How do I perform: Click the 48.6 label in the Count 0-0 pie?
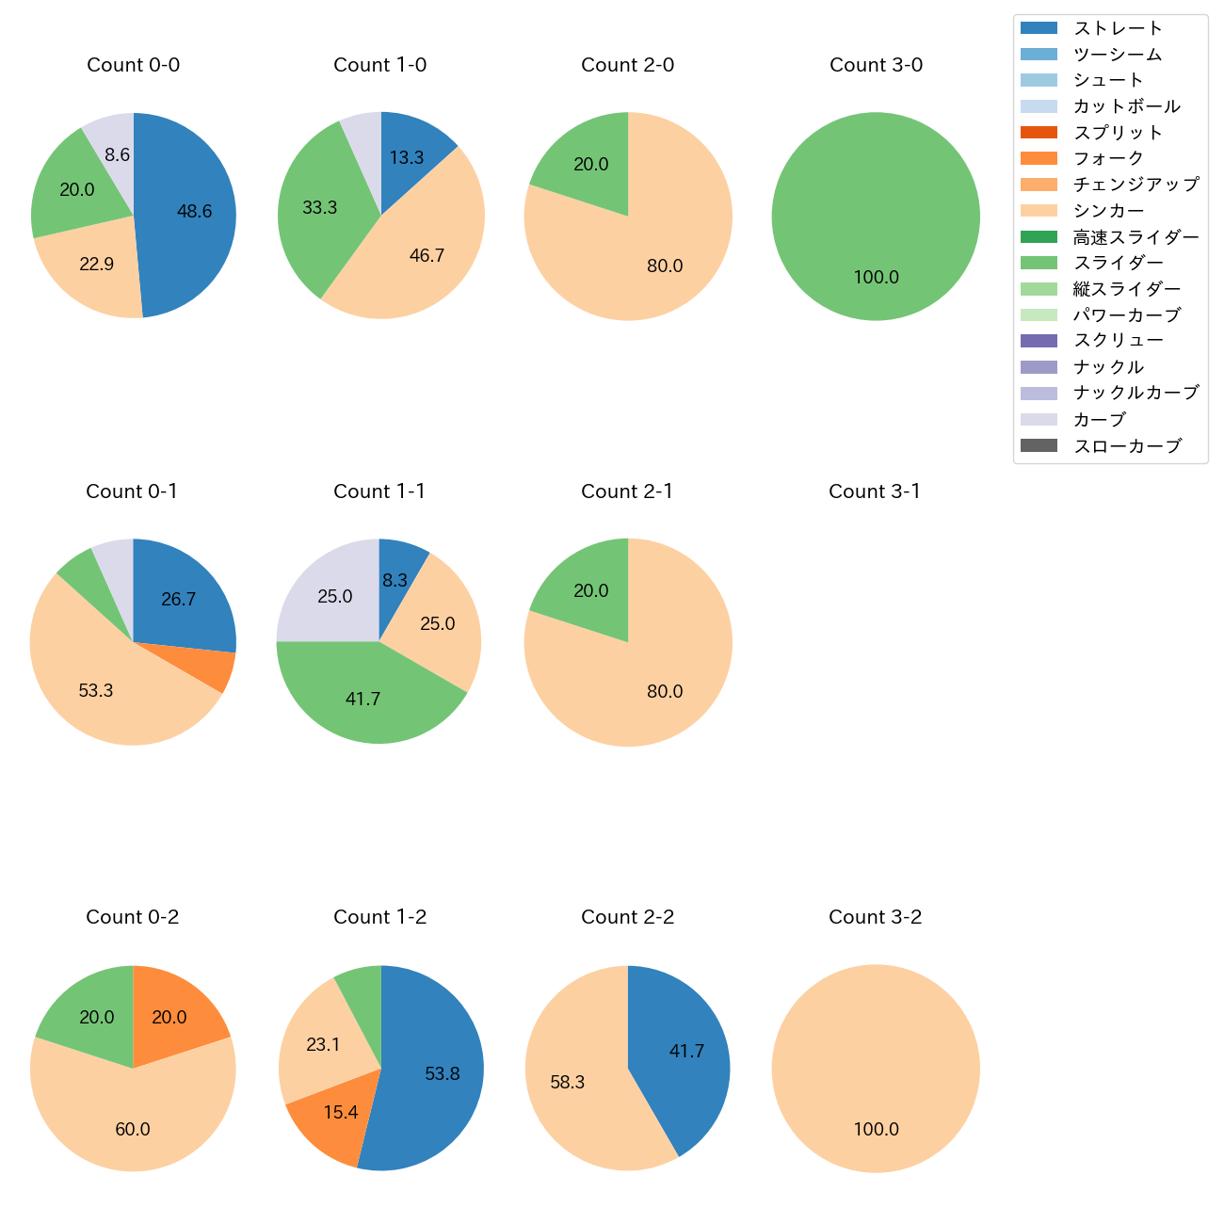(194, 212)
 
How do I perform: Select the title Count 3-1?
(875, 491)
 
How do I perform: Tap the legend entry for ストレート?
(1118, 28)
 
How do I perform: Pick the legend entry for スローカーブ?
(1127, 446)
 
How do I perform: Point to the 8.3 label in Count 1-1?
(395, 580)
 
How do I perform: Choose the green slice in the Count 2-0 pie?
(584, 160)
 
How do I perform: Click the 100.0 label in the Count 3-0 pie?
(876, 278)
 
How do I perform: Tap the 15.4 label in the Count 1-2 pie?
(340, 1113)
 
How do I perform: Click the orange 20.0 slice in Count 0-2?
(174, 1012)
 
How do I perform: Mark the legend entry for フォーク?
(1108, 158)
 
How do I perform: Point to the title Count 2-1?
(627, 491)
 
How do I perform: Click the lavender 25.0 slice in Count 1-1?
(330, 593)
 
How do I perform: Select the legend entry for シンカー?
(1108, 211)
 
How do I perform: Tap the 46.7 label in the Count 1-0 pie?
(427, 256)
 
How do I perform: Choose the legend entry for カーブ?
(1099, 420)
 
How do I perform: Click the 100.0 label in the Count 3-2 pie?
(876, 1130)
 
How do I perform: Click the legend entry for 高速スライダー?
(1135, 237)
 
